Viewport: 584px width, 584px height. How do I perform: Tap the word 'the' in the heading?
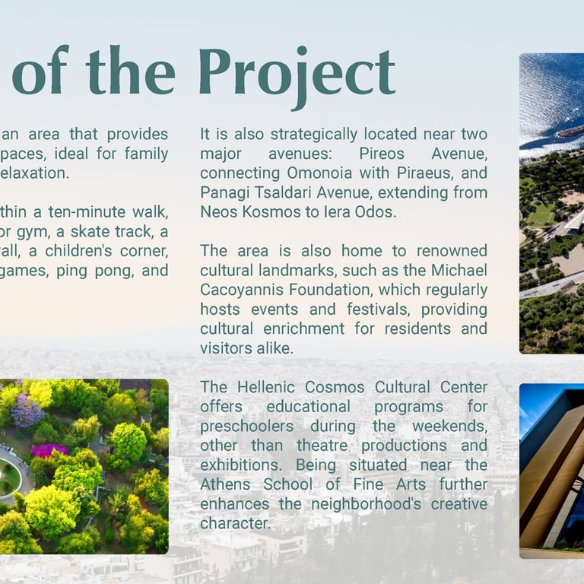click(x=130, y=70)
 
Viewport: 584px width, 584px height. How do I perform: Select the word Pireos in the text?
click(x=382, y=154)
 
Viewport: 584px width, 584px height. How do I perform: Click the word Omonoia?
click(x=319, y=173)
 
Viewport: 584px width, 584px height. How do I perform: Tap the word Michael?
click(x=459, y=271)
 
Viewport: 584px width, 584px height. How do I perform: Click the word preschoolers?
click(x=246, y=427)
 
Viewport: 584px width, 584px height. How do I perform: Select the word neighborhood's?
click(x=366, y=504)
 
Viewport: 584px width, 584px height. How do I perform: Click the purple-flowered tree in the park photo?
click(x=27, y=411)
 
